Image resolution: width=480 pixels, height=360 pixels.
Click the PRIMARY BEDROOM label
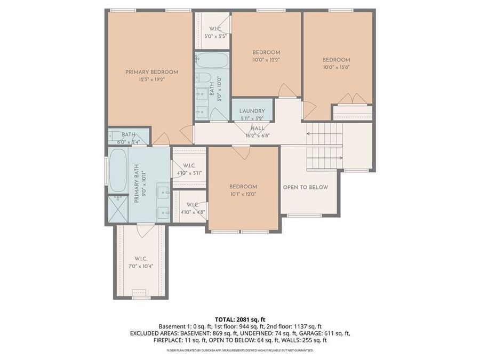[151, 72]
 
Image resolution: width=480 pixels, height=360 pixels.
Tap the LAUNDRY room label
[252, 111]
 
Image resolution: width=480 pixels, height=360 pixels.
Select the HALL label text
[258, 129]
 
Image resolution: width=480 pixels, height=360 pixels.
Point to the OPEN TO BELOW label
[305, 187]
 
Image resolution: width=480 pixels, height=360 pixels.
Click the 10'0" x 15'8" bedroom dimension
[337, 67]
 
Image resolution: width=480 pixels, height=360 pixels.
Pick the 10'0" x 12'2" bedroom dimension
[266, 60]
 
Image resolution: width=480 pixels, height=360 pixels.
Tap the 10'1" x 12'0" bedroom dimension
[243, 194]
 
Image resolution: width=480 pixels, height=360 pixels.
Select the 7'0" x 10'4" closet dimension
[141, 266]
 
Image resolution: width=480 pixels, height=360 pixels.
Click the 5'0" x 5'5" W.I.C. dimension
[215, 36]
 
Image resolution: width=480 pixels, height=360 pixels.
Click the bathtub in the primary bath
[118, 170]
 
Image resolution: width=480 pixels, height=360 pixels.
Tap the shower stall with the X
[118, 209]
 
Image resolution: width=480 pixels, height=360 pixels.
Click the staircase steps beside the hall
[324, 145]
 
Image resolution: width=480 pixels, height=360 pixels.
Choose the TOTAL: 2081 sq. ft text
[239, 319]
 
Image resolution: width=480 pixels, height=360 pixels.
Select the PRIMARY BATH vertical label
[137, 187]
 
